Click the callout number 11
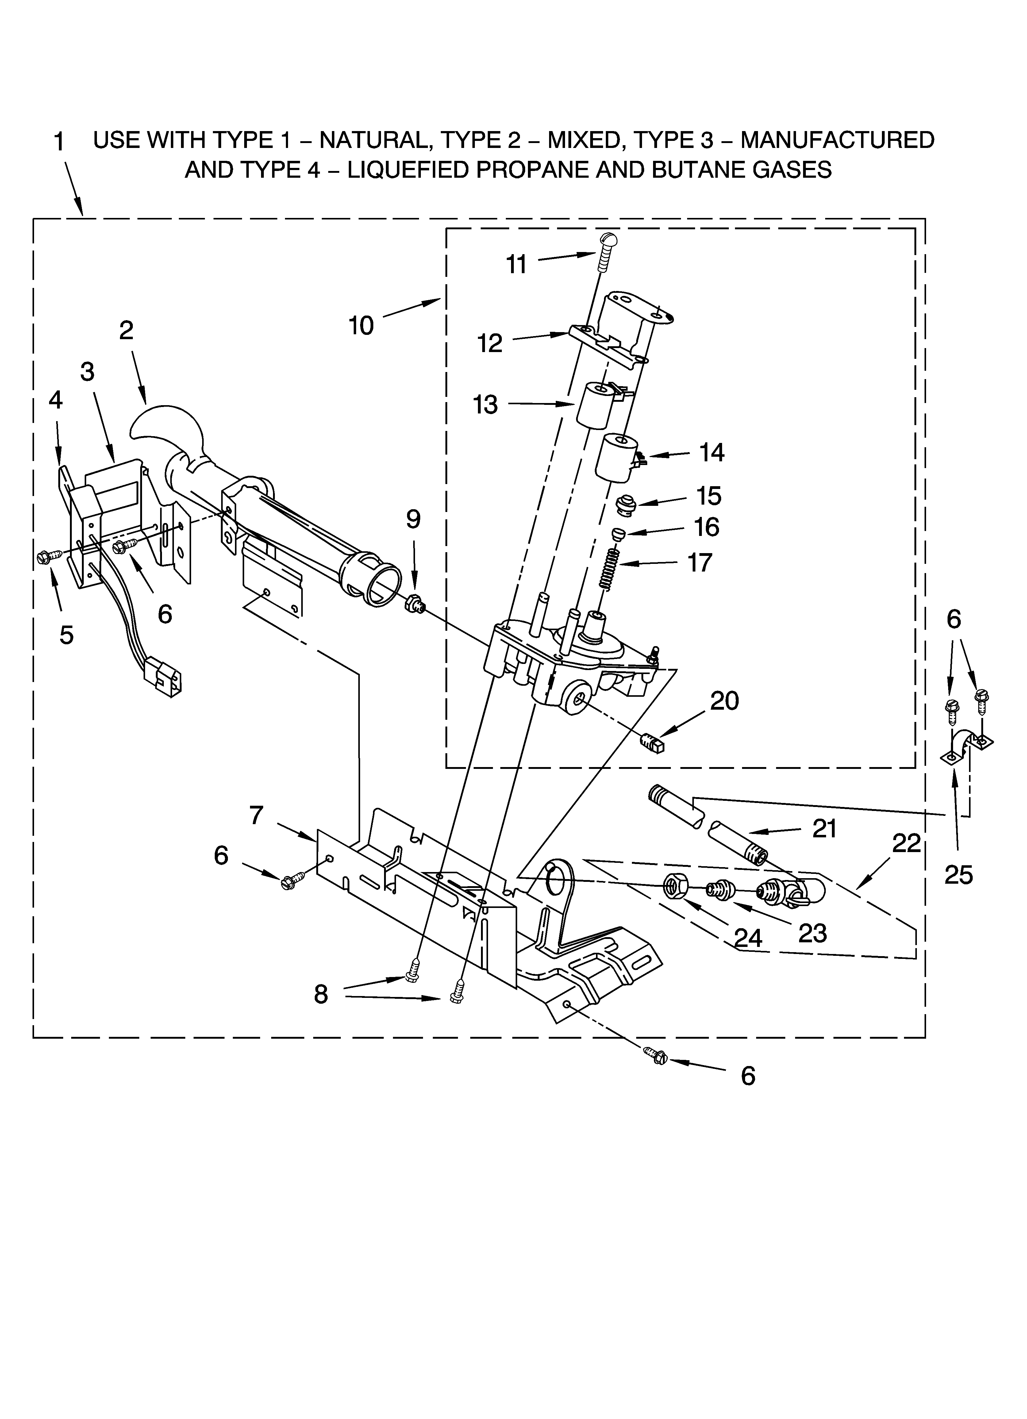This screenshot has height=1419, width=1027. coord(517,265)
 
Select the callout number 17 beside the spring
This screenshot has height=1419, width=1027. coord(700,562)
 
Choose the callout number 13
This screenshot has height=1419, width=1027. coord(485,405)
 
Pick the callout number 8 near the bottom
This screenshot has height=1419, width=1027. coord(321,994)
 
